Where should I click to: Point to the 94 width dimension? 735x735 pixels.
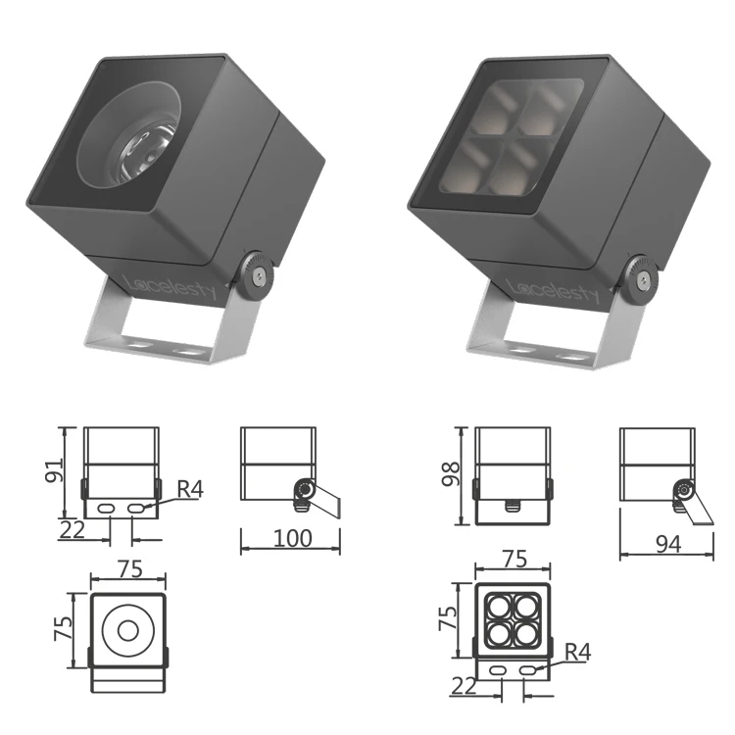[x=666, y=545]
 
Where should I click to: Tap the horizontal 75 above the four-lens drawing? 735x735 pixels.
[x=514, y=559]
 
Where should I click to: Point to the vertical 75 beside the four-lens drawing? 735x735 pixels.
[x=448, y=617]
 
